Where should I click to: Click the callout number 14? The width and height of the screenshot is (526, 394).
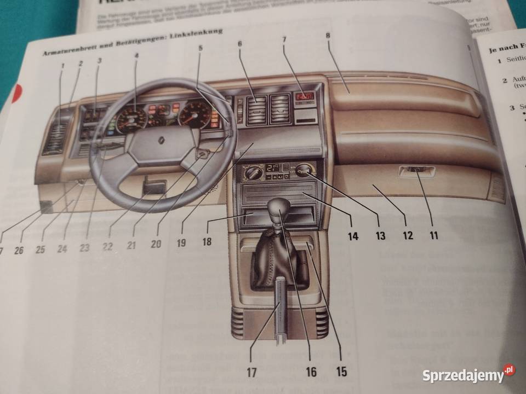pos(352,236)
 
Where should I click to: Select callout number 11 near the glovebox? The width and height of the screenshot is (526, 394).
pos(433,236)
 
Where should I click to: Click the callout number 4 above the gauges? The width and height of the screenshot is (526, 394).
pos(136,55)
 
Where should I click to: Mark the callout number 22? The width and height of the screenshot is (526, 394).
pos(107,246)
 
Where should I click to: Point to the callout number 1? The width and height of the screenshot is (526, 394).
pos(62,67)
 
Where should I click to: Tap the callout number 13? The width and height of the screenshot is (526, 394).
pos(380,236)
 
